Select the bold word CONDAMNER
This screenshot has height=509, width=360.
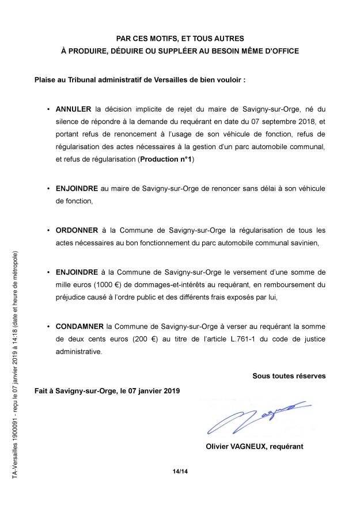79,326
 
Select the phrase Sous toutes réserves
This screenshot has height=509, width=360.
289,376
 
